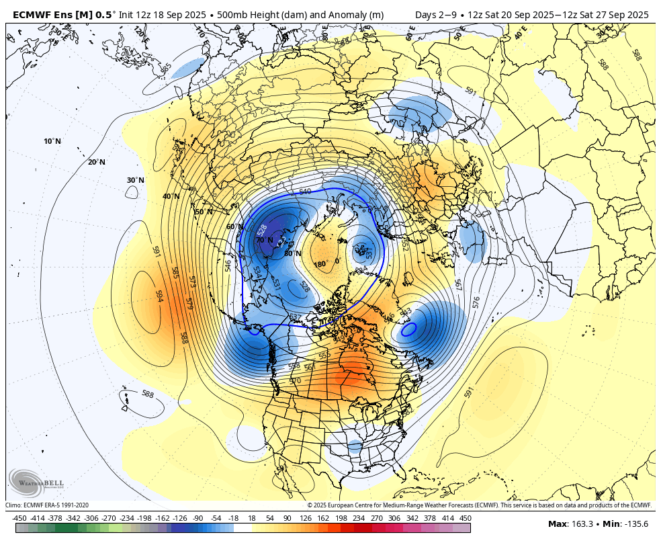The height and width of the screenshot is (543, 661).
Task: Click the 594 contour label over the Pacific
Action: pos(160,296)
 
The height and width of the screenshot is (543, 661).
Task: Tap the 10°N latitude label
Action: pos(52,141)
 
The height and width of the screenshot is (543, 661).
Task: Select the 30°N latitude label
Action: pos(136,180)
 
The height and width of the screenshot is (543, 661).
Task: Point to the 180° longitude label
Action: pos(320,263)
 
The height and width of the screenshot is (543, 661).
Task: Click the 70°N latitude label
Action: pos(264,240)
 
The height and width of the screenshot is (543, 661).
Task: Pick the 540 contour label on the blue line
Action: pos(305,192)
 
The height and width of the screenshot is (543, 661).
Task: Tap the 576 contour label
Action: pos(476,302)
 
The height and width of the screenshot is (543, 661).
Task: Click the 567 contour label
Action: pos(458,285)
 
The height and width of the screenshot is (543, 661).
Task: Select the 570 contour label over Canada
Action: pos(295,381)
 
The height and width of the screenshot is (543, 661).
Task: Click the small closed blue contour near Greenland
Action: pos(408,330)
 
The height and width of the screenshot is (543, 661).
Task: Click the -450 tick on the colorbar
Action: pos(19,518)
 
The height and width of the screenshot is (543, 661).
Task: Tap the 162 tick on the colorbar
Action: pos(323,518)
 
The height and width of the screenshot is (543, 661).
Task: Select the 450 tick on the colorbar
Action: pos(465,518)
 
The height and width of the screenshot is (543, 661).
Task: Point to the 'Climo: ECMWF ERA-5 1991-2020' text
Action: pos(47,505)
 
